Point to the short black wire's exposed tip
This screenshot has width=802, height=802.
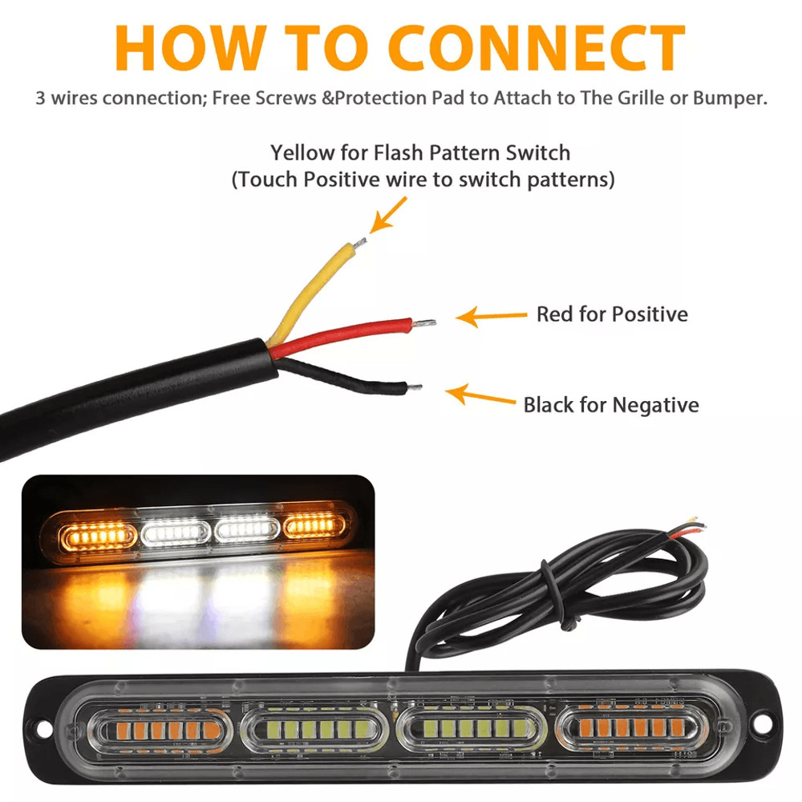point(415,388)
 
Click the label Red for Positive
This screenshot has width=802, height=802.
point(611,314)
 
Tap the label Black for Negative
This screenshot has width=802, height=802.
point(610,404)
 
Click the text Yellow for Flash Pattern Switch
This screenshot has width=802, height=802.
point(420,152)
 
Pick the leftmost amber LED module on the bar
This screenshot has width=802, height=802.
point(160,730)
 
